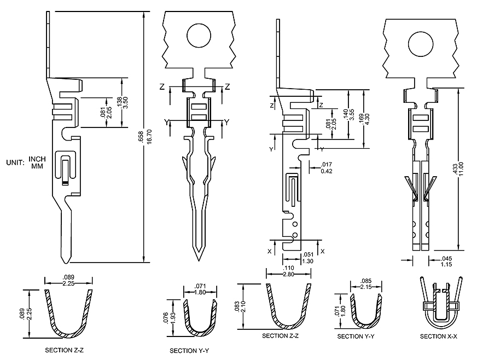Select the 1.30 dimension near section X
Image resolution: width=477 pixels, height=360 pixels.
pos(308,262)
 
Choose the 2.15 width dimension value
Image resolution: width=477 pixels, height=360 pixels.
pos(365,287)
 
